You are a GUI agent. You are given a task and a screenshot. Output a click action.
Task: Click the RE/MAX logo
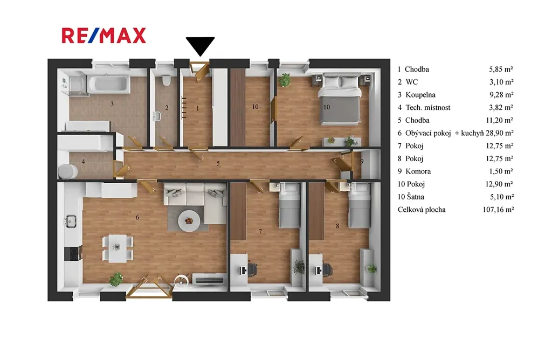tap(104, 36)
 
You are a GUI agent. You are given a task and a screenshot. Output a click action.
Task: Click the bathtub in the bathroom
tap(108, 84)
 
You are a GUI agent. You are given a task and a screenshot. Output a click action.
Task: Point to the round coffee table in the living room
tap(189, 221)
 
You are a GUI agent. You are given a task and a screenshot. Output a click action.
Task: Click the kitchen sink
tap(71, 221)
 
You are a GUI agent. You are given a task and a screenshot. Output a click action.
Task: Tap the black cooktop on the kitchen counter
tap(73, 253)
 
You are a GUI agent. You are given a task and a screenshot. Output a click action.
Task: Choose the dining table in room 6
tap(117, 248)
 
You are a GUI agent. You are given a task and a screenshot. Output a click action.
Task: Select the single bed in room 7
tap(289, 206)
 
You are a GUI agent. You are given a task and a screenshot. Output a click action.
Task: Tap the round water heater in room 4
tap(67, 171)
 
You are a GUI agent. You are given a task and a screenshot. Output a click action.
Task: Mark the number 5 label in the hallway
tap(218, 163)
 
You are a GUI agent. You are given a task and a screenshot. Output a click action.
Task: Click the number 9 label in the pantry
tap(362, 162)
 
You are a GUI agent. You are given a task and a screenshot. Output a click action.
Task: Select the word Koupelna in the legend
tap(420, 95)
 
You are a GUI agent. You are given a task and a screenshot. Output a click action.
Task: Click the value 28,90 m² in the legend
tap(500, 133)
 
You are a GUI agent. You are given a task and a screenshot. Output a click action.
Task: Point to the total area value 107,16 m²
tap(498, 210)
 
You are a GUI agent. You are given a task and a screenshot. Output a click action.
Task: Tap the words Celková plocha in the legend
tap(422, 210)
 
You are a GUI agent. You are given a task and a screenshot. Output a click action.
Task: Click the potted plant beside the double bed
tap(284, 80)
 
